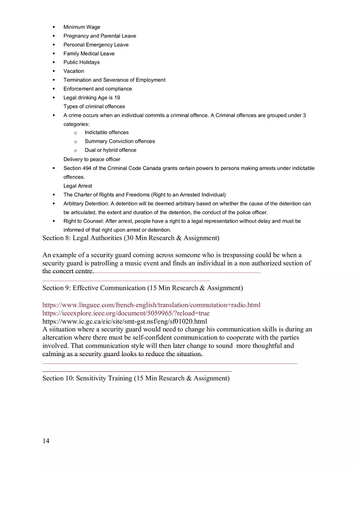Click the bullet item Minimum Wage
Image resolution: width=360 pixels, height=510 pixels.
[81, 27]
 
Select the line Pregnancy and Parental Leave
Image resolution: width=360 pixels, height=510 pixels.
[99, 36]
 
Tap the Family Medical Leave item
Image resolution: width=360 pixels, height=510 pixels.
[89, 54]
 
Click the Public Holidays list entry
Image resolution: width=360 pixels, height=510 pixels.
[81, 62]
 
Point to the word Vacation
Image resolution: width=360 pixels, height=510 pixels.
[74, 71]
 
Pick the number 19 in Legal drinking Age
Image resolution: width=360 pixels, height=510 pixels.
[117, 98]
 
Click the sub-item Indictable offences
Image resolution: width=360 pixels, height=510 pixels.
[106, 133]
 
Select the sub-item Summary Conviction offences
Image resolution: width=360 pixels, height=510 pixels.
[119, 141]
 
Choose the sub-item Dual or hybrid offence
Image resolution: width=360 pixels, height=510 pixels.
[110, 150]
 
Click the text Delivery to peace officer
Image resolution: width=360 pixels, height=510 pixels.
[92, 160]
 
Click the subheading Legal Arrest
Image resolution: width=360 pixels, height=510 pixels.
[78, 186]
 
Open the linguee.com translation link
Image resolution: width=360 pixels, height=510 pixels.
[151, 305]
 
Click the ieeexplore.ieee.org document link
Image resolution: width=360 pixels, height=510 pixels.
[126, 313]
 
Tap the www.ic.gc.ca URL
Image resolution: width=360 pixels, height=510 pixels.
[124, 321]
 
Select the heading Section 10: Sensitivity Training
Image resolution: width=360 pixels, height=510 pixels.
[136, 378]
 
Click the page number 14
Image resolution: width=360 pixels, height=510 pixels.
[46, 441]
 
